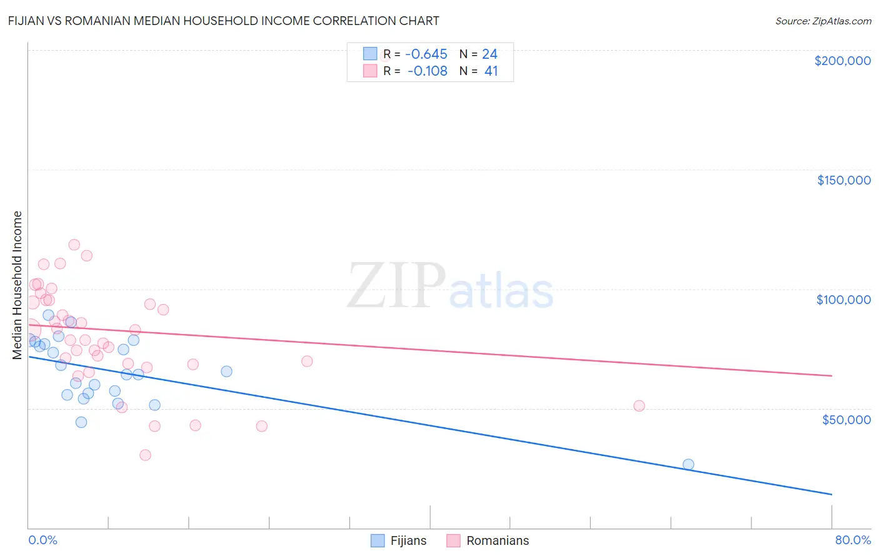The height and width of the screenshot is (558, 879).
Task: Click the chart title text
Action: [224, 21]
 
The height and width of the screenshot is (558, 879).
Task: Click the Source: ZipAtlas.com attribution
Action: [823, 21]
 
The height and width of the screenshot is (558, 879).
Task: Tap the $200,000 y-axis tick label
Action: [842, 61]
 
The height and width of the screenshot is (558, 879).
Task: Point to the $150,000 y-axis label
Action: [843, 180]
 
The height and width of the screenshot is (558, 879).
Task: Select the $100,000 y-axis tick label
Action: [843, 300]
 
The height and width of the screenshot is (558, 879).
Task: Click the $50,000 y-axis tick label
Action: [846, 419]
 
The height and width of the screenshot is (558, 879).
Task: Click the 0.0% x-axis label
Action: [43, 540]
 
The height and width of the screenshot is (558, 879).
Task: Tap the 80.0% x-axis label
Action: [853, 540]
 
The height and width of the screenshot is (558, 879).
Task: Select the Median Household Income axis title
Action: [18, 285]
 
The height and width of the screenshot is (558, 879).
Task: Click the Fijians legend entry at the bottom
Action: [399, 540]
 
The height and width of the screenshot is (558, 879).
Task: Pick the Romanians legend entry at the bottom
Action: [488, 540]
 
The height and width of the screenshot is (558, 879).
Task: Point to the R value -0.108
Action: [427, 71]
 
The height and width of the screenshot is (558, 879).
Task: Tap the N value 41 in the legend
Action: [491, 71]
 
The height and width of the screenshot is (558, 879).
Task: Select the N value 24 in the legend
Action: [490, 54]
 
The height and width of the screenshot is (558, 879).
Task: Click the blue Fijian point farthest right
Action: [688, 464]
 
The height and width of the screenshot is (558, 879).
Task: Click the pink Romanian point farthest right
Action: [639, 405]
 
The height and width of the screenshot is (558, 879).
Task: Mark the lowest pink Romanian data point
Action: [145, 455]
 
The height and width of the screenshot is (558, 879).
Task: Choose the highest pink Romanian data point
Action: [74, 245]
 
